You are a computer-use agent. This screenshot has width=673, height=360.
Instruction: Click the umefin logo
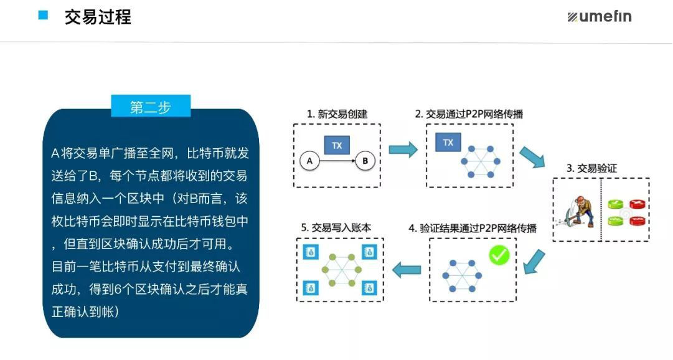point(599,17)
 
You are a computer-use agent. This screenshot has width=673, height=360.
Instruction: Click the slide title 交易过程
point(98,17)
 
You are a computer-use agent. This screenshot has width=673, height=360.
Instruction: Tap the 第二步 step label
point(151,107)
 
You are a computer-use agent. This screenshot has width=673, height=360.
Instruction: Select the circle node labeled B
point(365,161)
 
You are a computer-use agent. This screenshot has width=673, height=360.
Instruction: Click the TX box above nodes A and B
point(337,145)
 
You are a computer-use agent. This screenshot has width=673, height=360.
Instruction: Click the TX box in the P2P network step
point(448,143)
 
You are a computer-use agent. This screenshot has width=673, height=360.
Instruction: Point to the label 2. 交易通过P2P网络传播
point(469,114)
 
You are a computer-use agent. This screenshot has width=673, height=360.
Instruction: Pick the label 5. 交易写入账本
point(336,228)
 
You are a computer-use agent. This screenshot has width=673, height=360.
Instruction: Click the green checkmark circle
point(499,255)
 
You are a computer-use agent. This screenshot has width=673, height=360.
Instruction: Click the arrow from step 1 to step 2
point(403,149)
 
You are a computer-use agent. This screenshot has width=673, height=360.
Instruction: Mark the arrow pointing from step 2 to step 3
point(532,157)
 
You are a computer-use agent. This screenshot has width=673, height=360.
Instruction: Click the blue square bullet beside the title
point(43,16)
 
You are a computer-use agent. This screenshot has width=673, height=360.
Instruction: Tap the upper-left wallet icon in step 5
point(309,252)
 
